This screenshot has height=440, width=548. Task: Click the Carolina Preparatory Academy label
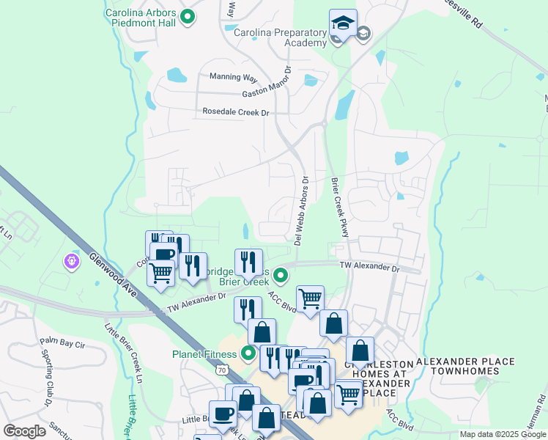point(280,37)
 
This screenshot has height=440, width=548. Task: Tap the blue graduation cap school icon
point(343,24)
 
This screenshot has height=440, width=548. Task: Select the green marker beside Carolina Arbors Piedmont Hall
point(188,16)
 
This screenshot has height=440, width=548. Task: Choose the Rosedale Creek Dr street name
point(236,113)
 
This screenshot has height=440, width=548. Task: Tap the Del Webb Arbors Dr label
point(300,210)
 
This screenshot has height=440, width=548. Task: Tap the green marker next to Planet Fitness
point(248,354)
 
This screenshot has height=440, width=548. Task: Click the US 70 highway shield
point(230,372)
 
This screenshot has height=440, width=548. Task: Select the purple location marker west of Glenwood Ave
point(72,260)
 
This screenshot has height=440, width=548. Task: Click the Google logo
point(24,431)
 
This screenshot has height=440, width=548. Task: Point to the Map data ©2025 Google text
point(502,434)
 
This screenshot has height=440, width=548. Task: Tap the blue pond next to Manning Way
point(176,75)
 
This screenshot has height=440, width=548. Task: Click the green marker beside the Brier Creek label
point(280,277)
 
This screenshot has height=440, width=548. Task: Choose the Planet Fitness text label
point(205,354)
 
